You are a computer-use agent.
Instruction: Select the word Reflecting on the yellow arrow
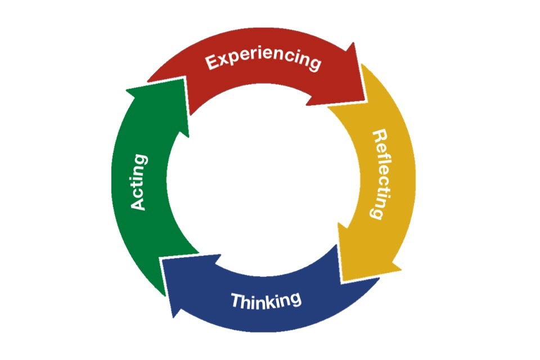pyautogui.click(x=378, y=174)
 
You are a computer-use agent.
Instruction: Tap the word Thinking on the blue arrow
pyautogui.click(x=266, y=300)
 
